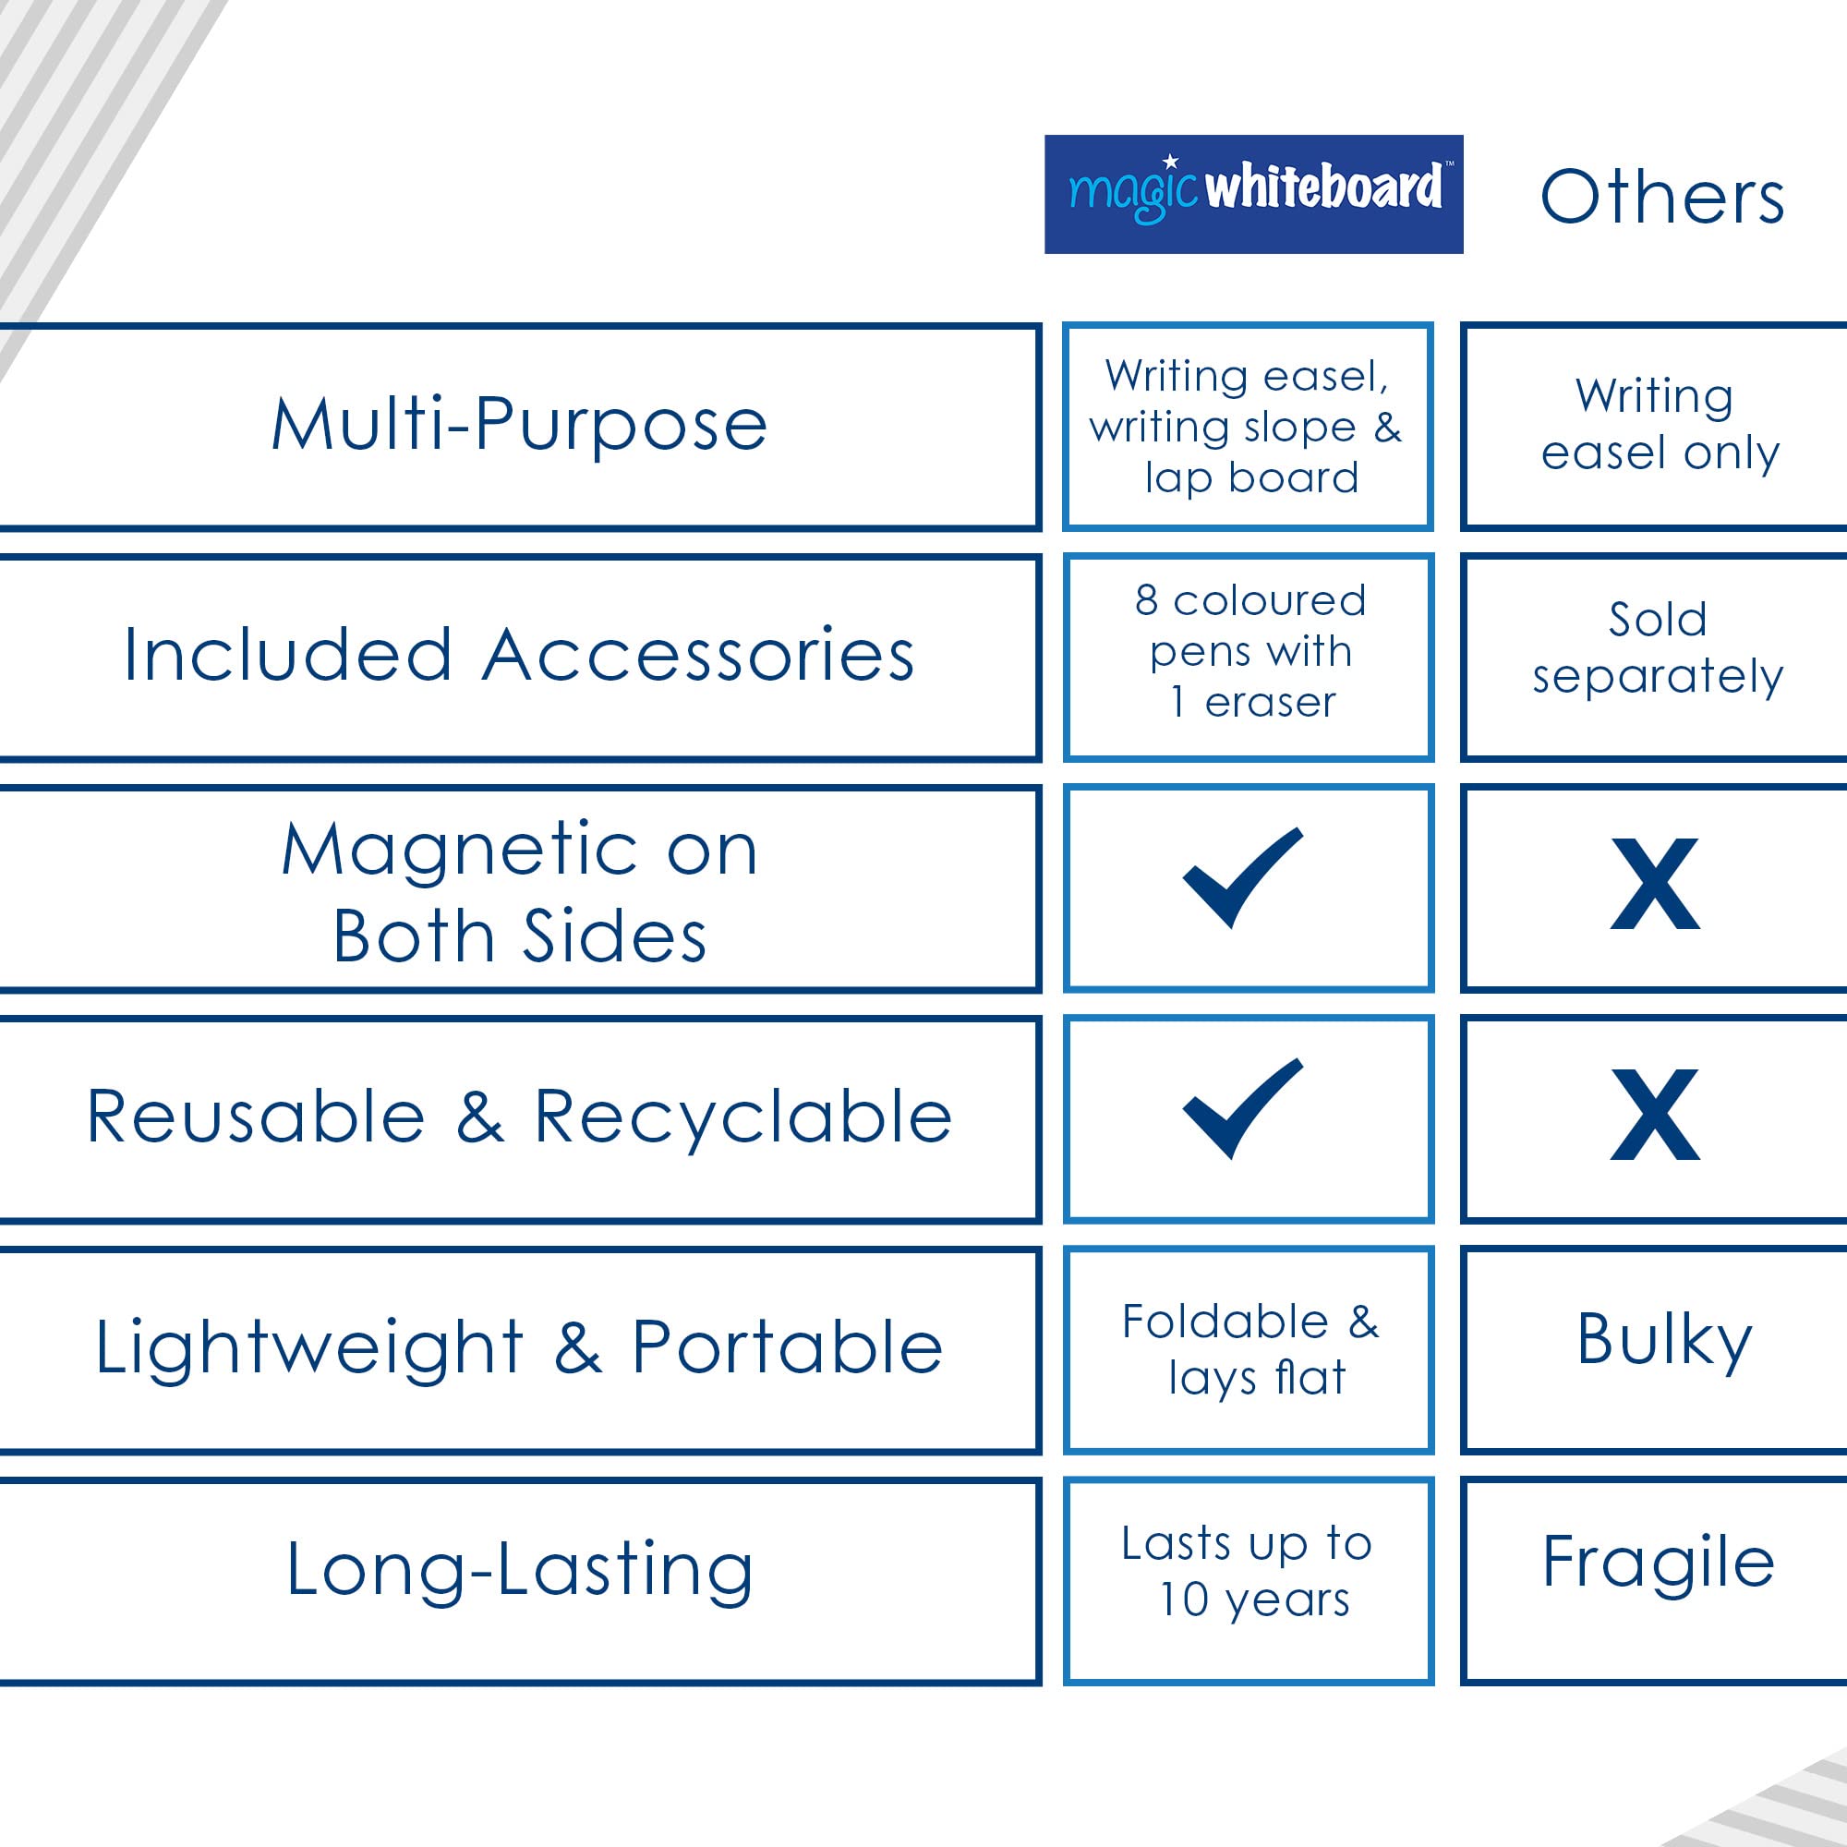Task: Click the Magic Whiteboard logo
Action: coord(1253,194)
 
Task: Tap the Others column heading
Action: coord(1662,198)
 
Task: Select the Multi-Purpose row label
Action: coord(519,426)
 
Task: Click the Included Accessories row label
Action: coord(519,656)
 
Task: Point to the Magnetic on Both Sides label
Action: coord(519,891)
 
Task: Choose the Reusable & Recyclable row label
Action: coord(519,1116)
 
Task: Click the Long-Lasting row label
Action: coord(519,1572)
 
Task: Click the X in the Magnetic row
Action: coord(1655,885)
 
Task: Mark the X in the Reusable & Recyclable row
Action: coord(1655,1115)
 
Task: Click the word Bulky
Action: coord(1664,1341)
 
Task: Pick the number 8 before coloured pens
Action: coord(1147,600)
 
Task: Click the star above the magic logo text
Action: coord(1170,162)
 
